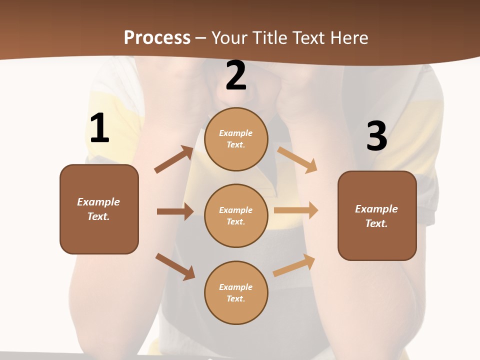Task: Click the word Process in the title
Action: (x=157, y=37)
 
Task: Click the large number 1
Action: (x=99, y=128)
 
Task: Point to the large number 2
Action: (x=236, y=76)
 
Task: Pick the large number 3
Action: (x=376, y=137)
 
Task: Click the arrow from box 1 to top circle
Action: (x=173, y=159)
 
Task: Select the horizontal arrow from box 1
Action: (x=175, y=211)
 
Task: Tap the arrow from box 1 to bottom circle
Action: (x=175, y=266)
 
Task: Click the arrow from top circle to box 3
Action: (x=297, y=159)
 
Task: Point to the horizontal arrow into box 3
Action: (x=296, y=210)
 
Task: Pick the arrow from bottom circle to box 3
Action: (x=294, y=265)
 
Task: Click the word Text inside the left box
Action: (x=98, y=216)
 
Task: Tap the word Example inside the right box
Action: (x=376, y=209)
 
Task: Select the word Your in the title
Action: (x=230, y=37)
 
